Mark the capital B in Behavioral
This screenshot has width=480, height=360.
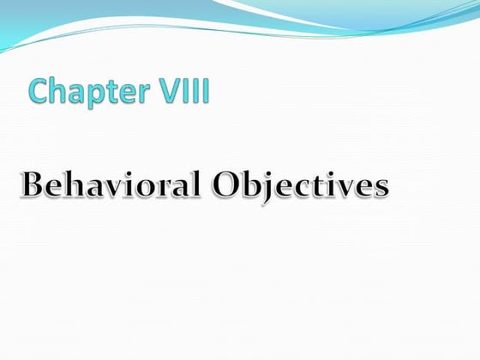[x=33, y=183]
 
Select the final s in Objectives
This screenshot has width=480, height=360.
[x=380, y=187]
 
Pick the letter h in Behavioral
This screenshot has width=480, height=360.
[x=74, y=182]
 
